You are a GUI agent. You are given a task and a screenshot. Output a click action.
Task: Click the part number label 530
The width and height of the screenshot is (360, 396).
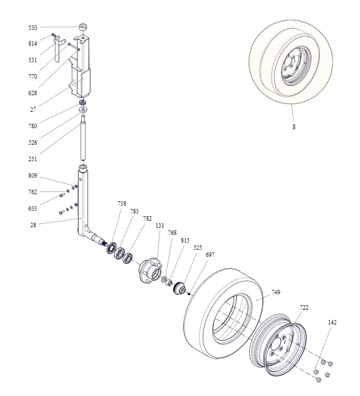tap(32, 28)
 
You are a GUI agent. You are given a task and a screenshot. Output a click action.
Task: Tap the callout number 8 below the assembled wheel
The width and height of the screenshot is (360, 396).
tap(294, 127)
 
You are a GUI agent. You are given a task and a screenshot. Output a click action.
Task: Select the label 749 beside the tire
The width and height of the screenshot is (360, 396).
tap(276, 292)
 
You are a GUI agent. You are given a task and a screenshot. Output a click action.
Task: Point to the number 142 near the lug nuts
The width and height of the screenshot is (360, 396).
tap(332, 322)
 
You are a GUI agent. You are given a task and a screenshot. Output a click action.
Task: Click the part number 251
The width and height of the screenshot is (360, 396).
tap(32, 159)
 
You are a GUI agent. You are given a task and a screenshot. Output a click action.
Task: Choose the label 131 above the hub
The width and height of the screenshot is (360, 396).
tap(159, 226)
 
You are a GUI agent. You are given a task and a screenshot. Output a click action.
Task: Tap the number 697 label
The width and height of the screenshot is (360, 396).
tap(210, 255)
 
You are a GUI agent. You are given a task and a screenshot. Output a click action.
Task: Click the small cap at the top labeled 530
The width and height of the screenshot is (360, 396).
tap(84, 27)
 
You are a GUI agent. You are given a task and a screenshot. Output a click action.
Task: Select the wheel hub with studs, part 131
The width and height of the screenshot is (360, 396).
tap(151, 270)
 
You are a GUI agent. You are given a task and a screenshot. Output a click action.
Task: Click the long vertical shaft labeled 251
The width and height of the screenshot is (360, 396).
tap(83, 137)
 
